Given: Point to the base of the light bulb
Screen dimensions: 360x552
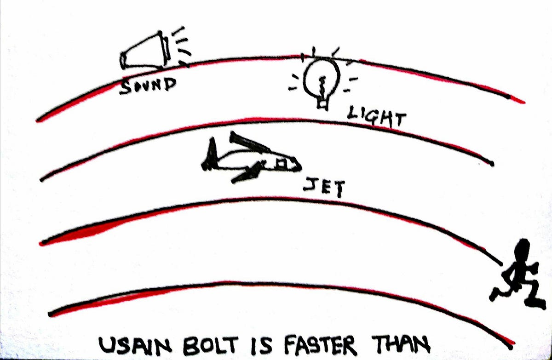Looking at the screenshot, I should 322,104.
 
